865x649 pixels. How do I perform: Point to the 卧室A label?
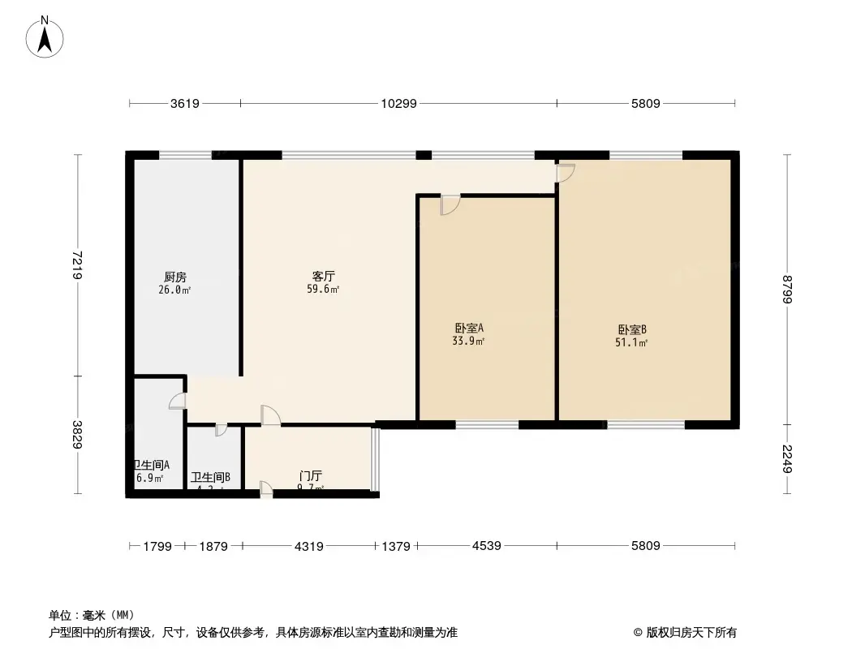(x=469, y=328)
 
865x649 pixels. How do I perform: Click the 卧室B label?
(x=632, y=329)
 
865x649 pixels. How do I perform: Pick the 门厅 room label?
(x=311, y=475)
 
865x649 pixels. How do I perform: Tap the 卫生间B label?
(x=210, y=478)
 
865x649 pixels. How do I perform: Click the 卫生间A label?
(x=152, y=465)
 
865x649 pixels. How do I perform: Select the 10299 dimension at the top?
(x=398, y=103)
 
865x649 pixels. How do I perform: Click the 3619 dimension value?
(x=184, y=103)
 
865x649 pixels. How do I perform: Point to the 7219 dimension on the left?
(x=77, y=265)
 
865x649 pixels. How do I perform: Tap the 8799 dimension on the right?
(x=787, y=290)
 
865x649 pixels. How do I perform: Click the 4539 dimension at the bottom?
(x=486, y=546)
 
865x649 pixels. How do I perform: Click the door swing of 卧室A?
(x=450, y=205)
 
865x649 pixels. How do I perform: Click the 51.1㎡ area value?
(x=630, y=342)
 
